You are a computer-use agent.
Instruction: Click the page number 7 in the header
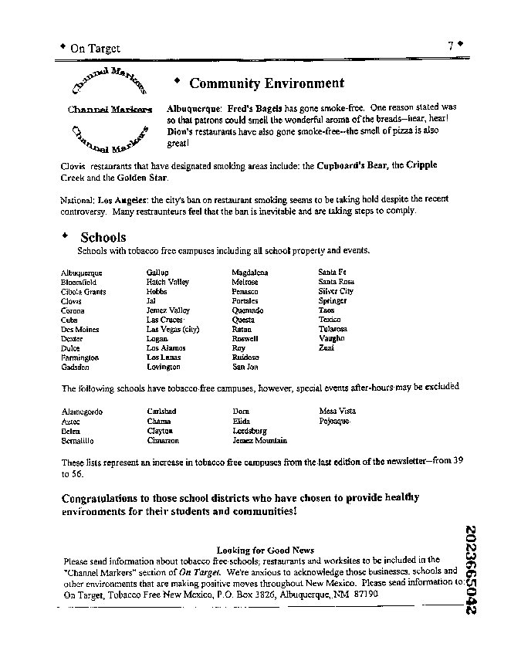[x=450, y=46]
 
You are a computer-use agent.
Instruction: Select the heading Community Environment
[x=266, y=83]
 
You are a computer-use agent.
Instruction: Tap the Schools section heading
[x=103, y=238]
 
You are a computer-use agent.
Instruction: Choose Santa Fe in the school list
[x=332, y=273]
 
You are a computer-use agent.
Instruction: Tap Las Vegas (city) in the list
[x=173, y=329]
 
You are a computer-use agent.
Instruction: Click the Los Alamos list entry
[x=166, y=348]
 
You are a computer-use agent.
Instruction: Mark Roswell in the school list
[x=245, y=338]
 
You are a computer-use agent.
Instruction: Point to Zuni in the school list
[x=326, y=348]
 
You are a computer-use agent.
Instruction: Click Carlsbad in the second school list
[x=161, y=412]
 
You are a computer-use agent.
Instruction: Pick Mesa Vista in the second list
[x=337, y=412]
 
